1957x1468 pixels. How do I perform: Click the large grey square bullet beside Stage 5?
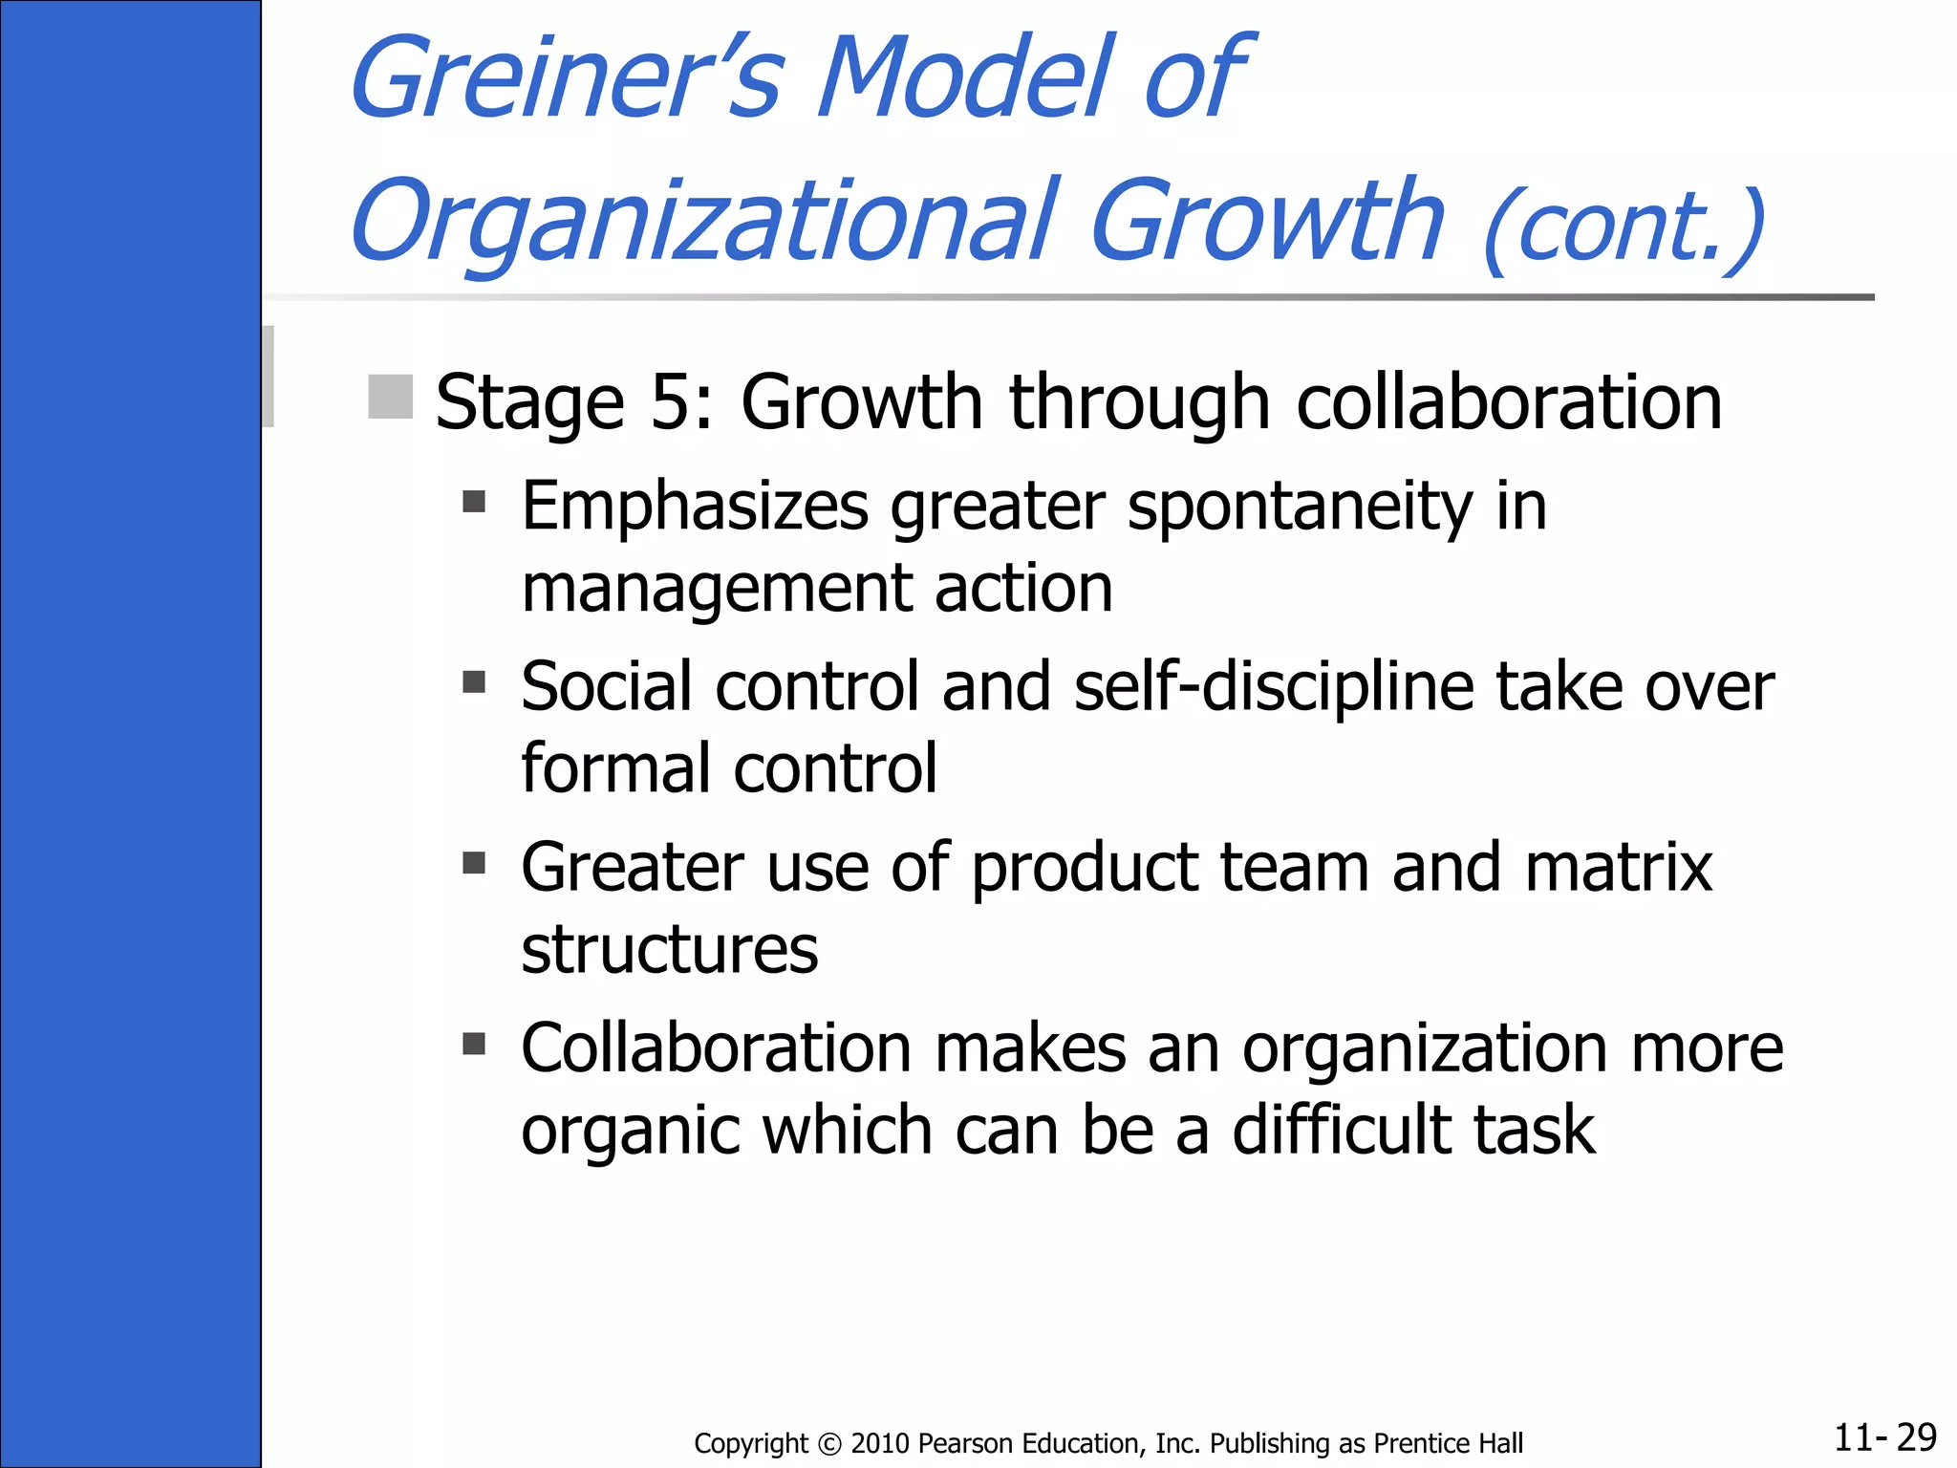[390, 397]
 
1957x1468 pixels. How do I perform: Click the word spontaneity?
[1300, 507]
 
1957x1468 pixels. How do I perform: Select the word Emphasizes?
[695, 507]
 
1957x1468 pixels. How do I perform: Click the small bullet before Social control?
[474, 682]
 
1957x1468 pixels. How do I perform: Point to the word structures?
[670, 950]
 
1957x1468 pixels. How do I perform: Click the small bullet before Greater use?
[474, 864]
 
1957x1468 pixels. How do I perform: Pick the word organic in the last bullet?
[631, 1132]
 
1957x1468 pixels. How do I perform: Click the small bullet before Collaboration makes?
[474, 1043]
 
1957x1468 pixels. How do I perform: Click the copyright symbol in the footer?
[829, 1443]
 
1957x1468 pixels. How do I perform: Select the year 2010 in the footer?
[879, 1443]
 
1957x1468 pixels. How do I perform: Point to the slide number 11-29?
[1884, 1437]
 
